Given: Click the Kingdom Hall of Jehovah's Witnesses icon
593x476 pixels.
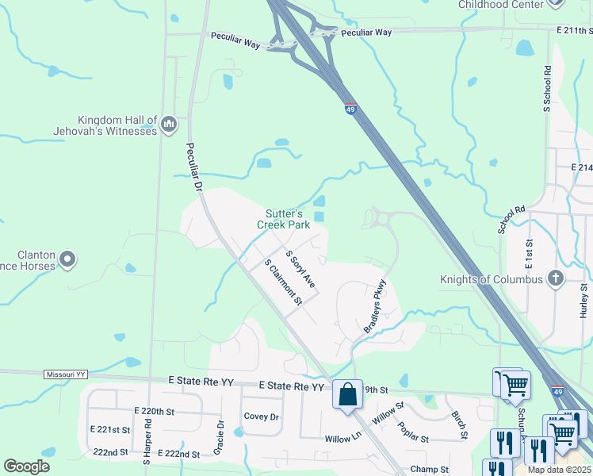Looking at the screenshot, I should (x=168, y=124).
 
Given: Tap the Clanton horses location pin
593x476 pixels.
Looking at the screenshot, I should (x=67, y=259).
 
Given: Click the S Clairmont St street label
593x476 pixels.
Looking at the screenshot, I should (x=283, y=282).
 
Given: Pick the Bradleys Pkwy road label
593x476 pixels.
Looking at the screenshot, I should (x=374, y=305).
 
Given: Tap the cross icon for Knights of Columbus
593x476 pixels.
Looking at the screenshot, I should (x=556, y=278).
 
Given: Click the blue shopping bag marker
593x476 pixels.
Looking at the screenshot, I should (x=348, y=393).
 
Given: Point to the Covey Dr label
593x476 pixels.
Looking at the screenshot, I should (x=262, y=416).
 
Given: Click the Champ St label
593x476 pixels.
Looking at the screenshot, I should (x=429, y=470).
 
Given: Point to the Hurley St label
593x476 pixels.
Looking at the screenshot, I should (x=583, y=302).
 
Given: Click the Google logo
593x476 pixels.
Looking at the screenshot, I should (x=26, y=466).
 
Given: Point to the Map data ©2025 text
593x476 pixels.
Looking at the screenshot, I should (x=560, y=470).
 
